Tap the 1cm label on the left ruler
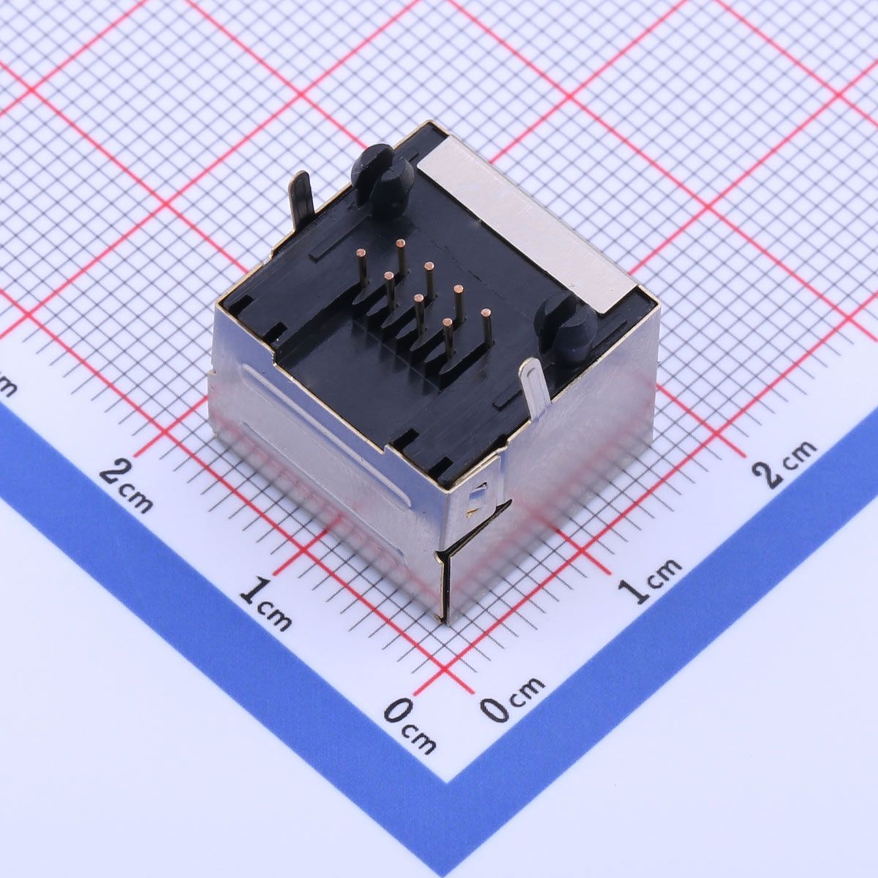point(266,602)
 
